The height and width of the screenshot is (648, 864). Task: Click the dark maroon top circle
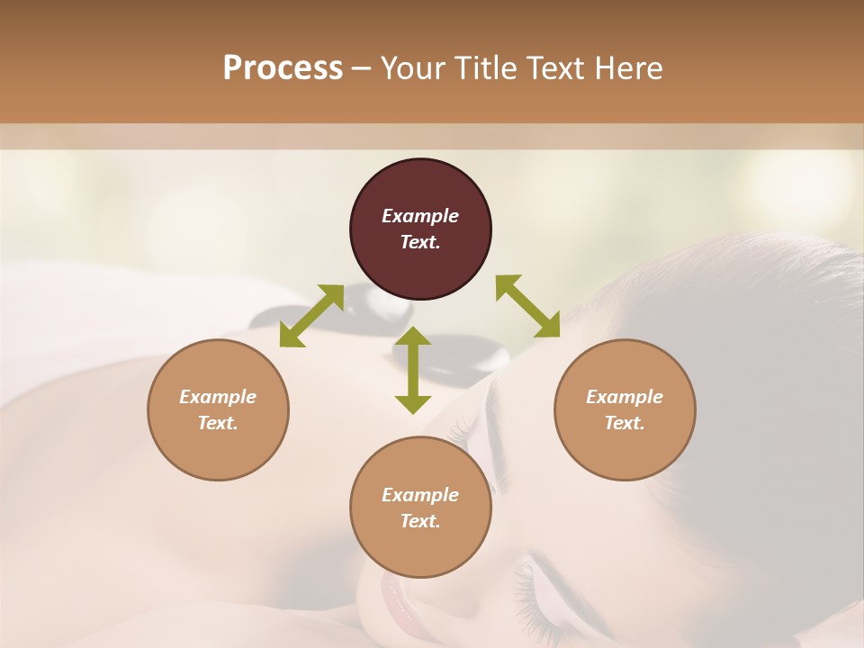click(x=420, y=229)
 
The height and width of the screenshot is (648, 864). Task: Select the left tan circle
click(x=218, y=409)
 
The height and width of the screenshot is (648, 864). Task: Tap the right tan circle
click(x=624, y=409)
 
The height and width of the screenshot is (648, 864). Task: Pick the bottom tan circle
click(x=420, y=508)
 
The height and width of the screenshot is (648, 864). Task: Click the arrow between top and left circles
click(x=311, y=315)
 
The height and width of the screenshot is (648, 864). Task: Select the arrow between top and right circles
click(x=527, y=306)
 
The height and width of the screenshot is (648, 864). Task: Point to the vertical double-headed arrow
click(x=413, y=370)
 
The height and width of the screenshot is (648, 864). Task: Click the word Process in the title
click(x=283, y=67)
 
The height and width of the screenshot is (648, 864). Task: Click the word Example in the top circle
click(x=420, y=216)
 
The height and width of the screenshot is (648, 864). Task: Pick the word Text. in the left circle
click(x=218, y=423)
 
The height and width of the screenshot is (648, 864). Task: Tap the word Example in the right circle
click(x=624, y=397)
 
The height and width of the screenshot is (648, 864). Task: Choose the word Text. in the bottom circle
click(x=420, y=521)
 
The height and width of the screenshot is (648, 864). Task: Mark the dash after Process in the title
click(x=362, y=68)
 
